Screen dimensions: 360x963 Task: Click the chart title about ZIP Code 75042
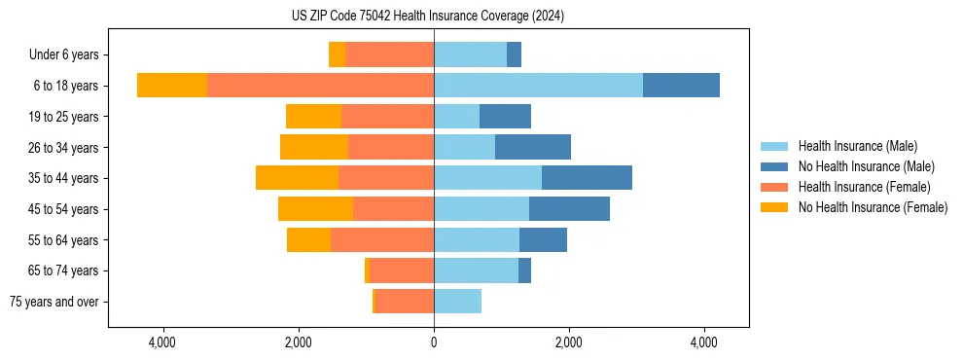[x=427, y=17]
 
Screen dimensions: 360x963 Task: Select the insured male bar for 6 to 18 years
[x=538, y=86]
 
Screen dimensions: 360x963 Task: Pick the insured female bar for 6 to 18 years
[x=320, y=86]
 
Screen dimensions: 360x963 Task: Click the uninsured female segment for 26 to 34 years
[x=314, y=147]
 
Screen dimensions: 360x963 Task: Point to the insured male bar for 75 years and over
[x=457, y=302]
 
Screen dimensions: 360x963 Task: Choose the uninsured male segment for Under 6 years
[x=514, y=54]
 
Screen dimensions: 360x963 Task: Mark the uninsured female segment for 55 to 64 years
[x=308, y=239]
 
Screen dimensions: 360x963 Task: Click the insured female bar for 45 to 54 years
[x=393, y=209]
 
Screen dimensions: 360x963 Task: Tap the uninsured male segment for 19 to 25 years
[x=505, y=117]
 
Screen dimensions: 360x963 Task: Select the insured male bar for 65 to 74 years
[x=476, y=270]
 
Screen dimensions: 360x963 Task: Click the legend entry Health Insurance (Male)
[x=857, y=146]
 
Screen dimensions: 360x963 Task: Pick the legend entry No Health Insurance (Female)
[x=873, y=207]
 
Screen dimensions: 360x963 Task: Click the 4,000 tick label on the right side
[x=704, y=342]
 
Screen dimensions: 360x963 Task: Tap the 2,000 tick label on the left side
[x=298, y=342]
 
